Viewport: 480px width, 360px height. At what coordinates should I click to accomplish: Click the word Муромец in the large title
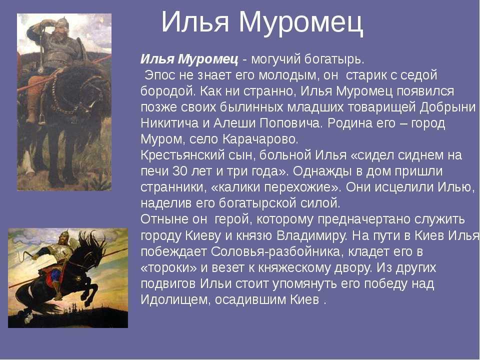tap(301, 22)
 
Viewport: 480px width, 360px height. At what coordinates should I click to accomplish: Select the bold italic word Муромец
tap(208, 59)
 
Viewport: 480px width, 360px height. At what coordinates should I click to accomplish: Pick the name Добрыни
tap(447, 107)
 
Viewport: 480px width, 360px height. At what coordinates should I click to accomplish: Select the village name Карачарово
tap(260, 139)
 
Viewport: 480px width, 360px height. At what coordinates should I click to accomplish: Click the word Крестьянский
tap(182, 155)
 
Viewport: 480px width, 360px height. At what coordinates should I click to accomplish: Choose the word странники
tap(173, 187)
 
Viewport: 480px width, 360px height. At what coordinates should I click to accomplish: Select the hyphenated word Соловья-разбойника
tap(275, 251)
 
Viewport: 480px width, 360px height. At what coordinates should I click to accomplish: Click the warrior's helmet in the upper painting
tap(62, 21)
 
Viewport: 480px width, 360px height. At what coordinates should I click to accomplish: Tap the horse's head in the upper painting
tap(95, 92)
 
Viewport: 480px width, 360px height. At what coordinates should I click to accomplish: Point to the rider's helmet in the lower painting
tap(63, 235)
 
